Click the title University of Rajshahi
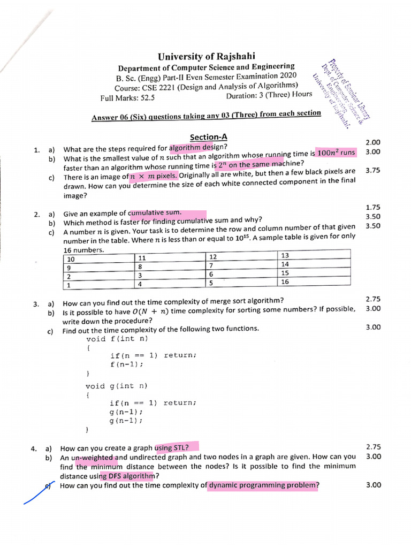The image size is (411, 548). coord(206,56)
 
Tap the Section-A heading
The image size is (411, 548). coord(206,138)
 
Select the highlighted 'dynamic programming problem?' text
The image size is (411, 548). coord(264,485)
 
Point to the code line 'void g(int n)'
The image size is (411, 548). coord(116,386)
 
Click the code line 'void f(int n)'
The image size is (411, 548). coord(117,339)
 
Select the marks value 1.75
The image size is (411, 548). coord(372,207)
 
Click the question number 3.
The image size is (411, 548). coord(36,304)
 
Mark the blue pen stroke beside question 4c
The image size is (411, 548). coord(37,493)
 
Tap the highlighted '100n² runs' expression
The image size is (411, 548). coord(336,153)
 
